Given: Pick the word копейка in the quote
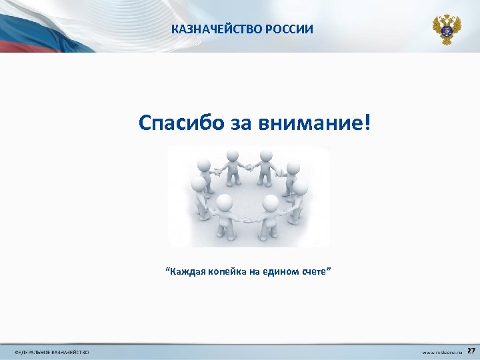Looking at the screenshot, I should click(x=228, y=271).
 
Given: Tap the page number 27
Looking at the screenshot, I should click(x=471, y=351).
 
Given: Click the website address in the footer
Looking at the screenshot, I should click(x=442, y=351).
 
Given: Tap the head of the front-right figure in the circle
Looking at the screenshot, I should click(x=271, y=202).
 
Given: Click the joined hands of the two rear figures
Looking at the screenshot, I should click(x=249, y=166).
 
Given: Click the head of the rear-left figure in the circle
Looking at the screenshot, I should click(x=232, y=155).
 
